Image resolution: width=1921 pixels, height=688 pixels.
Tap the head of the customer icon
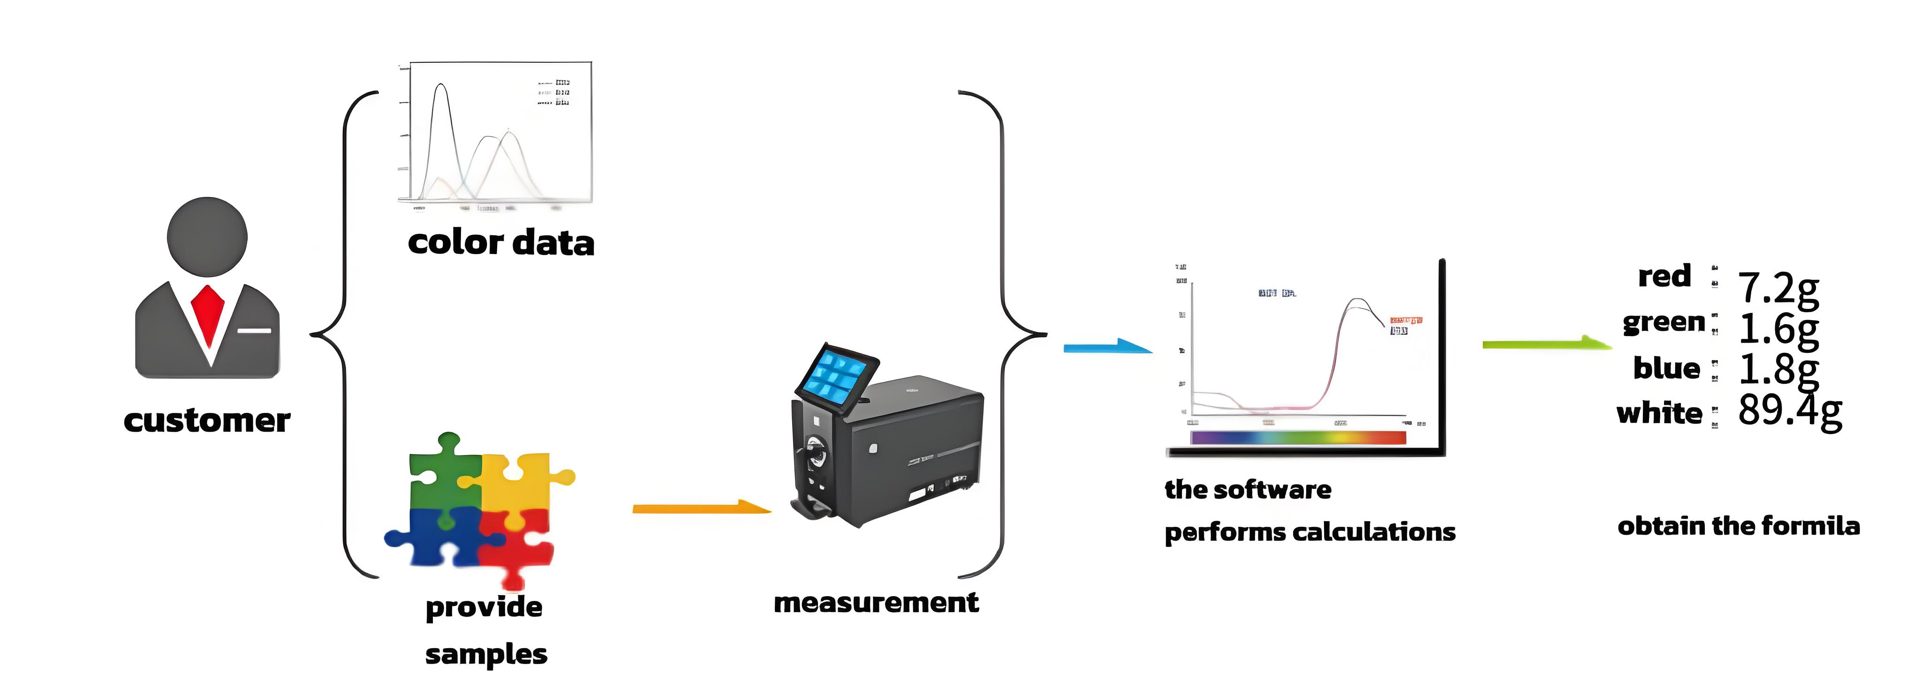(x=207, y=237)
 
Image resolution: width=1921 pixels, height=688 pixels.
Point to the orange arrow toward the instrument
(x=701, y=509)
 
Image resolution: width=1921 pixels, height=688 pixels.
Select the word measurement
(x=876, y=602)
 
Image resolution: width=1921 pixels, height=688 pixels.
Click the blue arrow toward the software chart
(x=1107, y=347)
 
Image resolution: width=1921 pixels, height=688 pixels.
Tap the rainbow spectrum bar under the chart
(x=1298, y=438)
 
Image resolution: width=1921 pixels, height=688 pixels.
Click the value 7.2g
(x=1778, y=288)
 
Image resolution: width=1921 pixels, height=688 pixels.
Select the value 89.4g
(x=1789, y=410)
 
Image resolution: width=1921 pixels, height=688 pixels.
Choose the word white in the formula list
(x=1659, y=413)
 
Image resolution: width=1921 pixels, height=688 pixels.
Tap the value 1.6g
(x=1778, y=329)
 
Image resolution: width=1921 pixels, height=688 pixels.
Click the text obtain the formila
(x=1738, y=526)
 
